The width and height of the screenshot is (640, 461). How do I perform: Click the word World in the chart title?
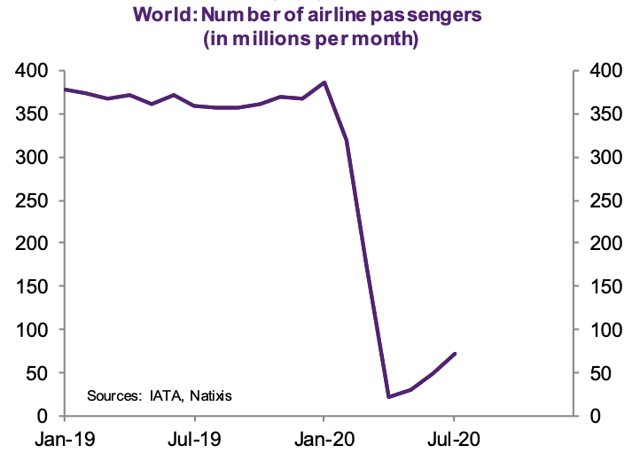click(x=156, y=13)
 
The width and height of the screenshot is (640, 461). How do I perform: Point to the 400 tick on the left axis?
click(x=34, y=71)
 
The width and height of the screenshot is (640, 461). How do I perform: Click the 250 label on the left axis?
click(x=34, y=200)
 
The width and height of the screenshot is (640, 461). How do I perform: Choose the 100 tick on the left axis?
click(x=34, y=330)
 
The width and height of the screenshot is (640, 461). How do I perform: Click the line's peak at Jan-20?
click(x=324, y=82)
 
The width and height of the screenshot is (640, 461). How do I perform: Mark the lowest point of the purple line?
click(x=389, y=396)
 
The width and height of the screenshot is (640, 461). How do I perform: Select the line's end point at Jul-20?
click(x=455, y=354)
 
